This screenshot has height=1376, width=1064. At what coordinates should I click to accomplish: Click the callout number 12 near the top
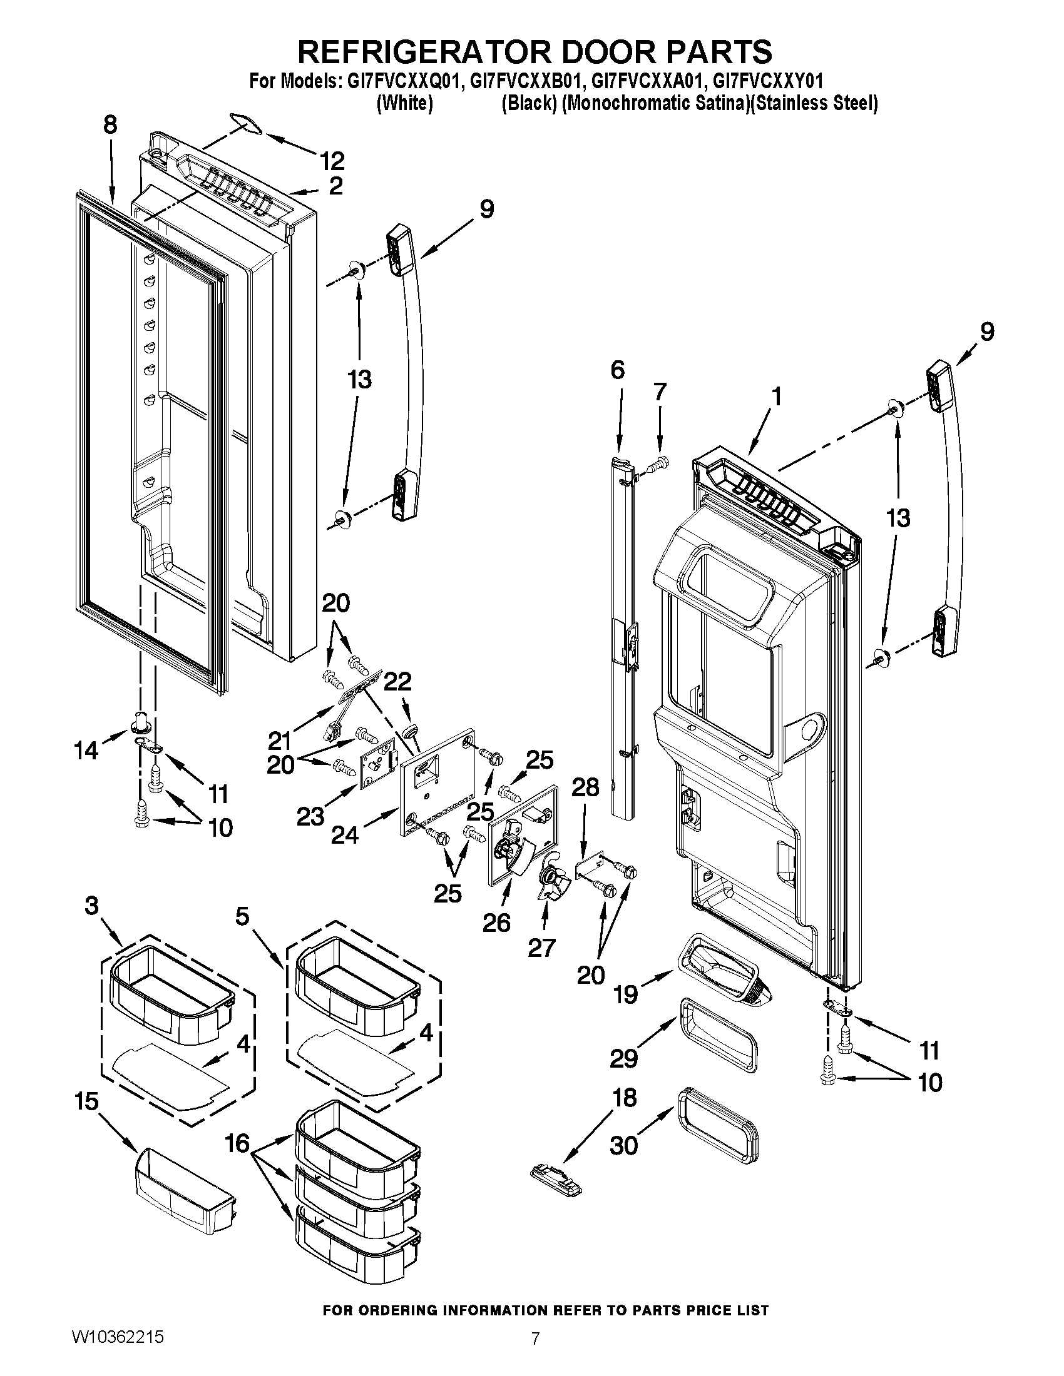[332, 161]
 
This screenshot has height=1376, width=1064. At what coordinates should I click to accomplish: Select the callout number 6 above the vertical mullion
[617, 370]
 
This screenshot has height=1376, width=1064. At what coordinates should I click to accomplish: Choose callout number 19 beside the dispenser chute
[626, 995]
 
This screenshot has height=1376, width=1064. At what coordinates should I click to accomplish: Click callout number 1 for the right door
[776, 397]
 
